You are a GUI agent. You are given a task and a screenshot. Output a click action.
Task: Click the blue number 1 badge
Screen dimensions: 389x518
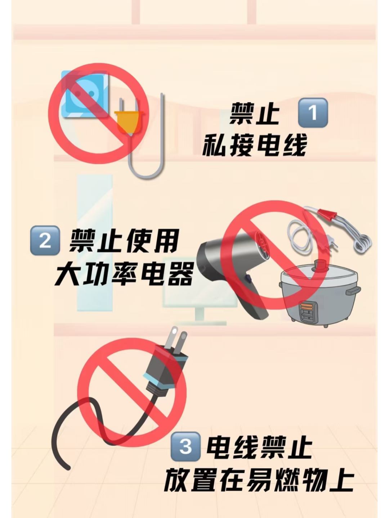[313, 113]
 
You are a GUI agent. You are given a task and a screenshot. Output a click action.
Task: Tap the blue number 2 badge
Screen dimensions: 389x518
[45, 240]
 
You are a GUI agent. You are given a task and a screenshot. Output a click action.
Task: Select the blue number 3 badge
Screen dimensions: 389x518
[185, 446]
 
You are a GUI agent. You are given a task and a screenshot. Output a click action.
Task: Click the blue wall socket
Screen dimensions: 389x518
[85, 94]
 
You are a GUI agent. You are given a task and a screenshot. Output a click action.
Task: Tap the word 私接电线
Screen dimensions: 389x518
[254, 145]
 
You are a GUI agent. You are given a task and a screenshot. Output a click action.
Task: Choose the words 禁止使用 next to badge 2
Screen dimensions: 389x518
[124, 241]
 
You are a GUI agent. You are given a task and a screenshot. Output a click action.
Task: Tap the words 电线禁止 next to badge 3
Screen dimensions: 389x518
[259, 447]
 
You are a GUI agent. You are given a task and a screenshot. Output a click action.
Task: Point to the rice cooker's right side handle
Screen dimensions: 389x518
[353, 290]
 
